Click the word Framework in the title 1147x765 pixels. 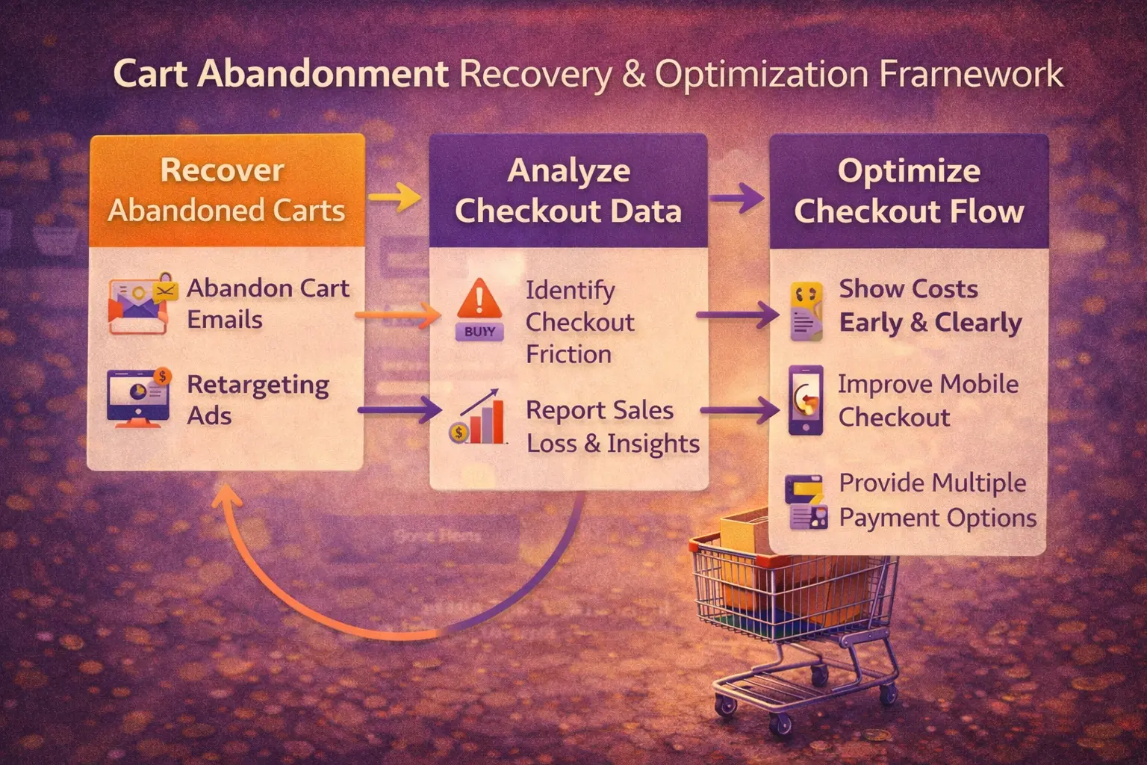[971, 75]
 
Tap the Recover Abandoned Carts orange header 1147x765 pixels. [226, 191]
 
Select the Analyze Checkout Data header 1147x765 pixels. [568, 191]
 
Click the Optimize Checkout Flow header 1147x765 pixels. [909, 191]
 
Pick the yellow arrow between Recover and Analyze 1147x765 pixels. [396, 198]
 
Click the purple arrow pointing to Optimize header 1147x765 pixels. [737, 199]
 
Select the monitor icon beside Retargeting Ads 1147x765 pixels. [139, 397]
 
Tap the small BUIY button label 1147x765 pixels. [479, 332]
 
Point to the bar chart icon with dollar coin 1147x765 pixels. [478, 418]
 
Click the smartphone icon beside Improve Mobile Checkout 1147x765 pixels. [806, 400]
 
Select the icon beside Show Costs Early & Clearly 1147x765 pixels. [806, 312]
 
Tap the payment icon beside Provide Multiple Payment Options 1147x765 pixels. [806, 502]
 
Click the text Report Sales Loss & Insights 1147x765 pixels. [612, 427]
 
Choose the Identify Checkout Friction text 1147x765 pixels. [579, 322]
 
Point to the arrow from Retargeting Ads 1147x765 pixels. [400, 409]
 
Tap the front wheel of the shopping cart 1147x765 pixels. [781, 722]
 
